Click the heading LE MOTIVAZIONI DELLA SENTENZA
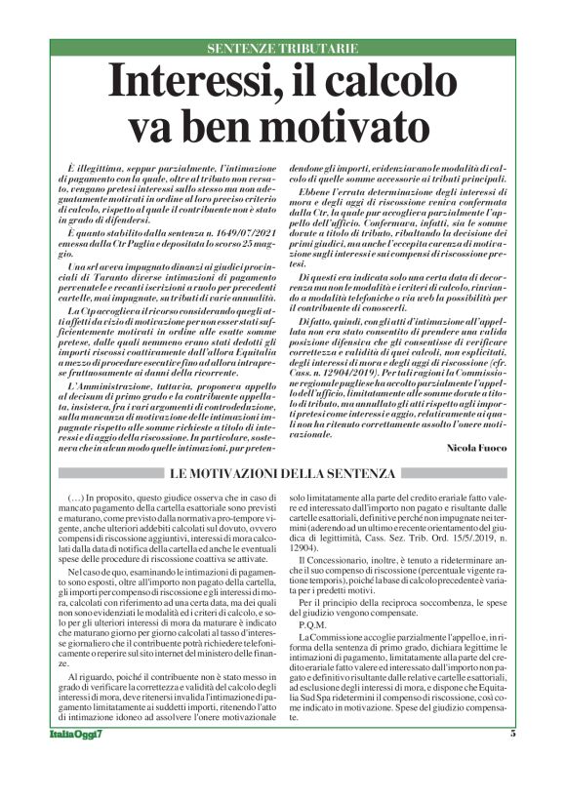283,473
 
